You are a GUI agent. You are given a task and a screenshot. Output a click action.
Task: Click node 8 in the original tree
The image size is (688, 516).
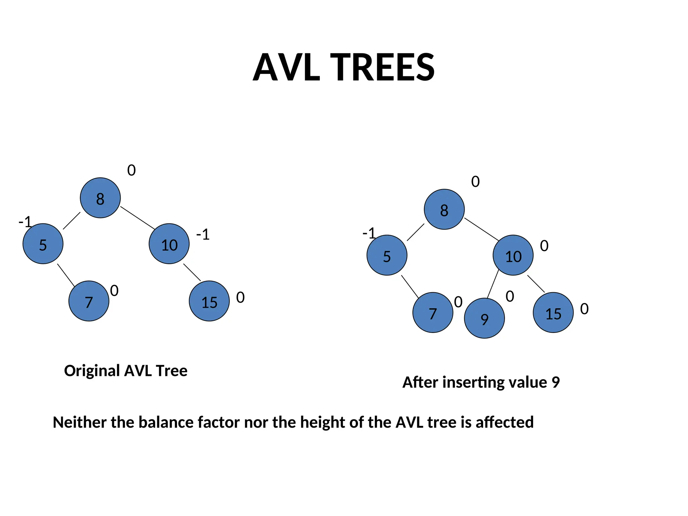[x=100, y=198]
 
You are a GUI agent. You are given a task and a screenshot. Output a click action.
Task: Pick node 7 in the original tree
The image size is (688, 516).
[x=89, y=301]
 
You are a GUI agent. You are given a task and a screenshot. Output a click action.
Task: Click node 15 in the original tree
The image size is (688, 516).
[x=209, y=301]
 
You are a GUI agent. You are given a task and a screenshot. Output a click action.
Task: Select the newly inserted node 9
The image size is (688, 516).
[x=484, y=318]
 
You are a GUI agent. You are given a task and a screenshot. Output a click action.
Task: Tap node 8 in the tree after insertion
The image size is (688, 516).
[x=444, y=209]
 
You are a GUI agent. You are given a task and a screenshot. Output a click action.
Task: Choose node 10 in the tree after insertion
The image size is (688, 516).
[x=513, y=255]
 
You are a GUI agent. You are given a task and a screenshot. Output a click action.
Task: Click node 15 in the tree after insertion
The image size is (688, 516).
[x=553, y=312]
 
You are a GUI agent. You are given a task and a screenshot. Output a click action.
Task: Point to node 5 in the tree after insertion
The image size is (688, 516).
[x=387, y=255]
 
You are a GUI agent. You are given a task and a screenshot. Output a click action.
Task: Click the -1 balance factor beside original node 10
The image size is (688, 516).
[x=203, y=234]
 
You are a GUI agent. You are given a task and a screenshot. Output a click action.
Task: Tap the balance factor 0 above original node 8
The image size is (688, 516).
[x=131, y=170]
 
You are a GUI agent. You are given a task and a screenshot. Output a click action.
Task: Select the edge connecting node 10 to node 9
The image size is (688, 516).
[x=493, y=284]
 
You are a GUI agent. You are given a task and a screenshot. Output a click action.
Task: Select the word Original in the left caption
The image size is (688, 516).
[x=92, y=371]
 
